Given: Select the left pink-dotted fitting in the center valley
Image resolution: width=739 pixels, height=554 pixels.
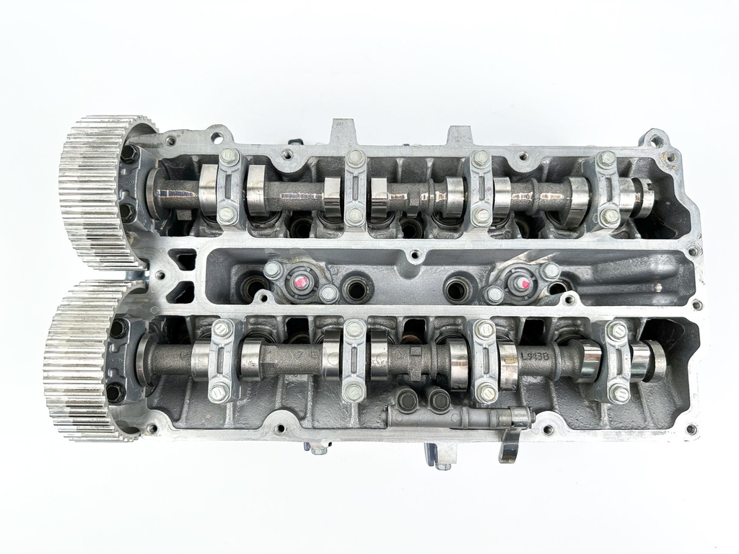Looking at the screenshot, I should (x=300, y=281).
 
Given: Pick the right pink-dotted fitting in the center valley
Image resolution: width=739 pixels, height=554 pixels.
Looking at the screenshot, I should (x=522, y=283).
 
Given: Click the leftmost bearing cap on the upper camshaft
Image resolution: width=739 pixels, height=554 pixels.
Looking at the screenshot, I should (x=229, y=185).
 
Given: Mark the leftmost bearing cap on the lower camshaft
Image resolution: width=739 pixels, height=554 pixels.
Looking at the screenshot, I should (x=220, y=361).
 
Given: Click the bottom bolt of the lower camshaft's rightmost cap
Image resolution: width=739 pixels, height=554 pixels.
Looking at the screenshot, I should (x=618, y=393).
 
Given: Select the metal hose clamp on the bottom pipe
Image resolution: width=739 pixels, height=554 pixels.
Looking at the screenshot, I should (x=518, y=417).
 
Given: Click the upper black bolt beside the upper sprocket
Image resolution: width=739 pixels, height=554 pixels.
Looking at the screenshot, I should (x=130, y=154).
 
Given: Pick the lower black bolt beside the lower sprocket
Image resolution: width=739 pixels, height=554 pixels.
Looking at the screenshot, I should (x=115, y=392).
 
